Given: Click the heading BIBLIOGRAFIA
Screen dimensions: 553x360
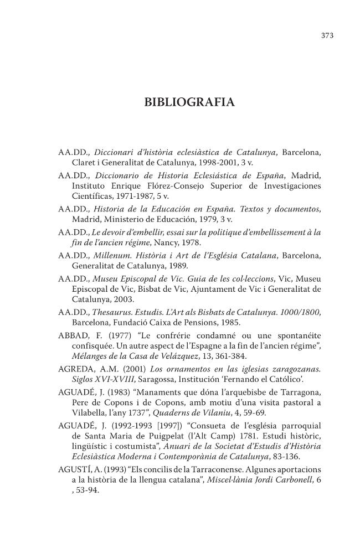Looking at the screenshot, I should coord(189,102).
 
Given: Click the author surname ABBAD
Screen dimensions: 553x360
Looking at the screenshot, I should coord(75,335).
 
